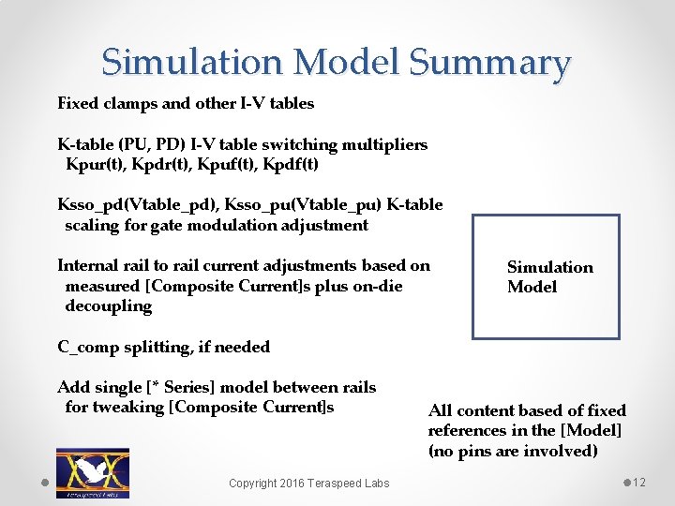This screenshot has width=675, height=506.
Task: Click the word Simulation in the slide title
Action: coord(192,63)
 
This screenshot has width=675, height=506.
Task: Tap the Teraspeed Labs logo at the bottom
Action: coord(93,473)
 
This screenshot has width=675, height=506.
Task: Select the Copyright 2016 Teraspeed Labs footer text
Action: coord(309,483)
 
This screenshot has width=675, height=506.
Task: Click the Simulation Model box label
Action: coord(549,277)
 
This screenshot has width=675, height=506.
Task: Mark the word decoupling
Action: coord(108,306)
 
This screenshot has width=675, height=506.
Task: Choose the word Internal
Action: coord(89,265)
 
